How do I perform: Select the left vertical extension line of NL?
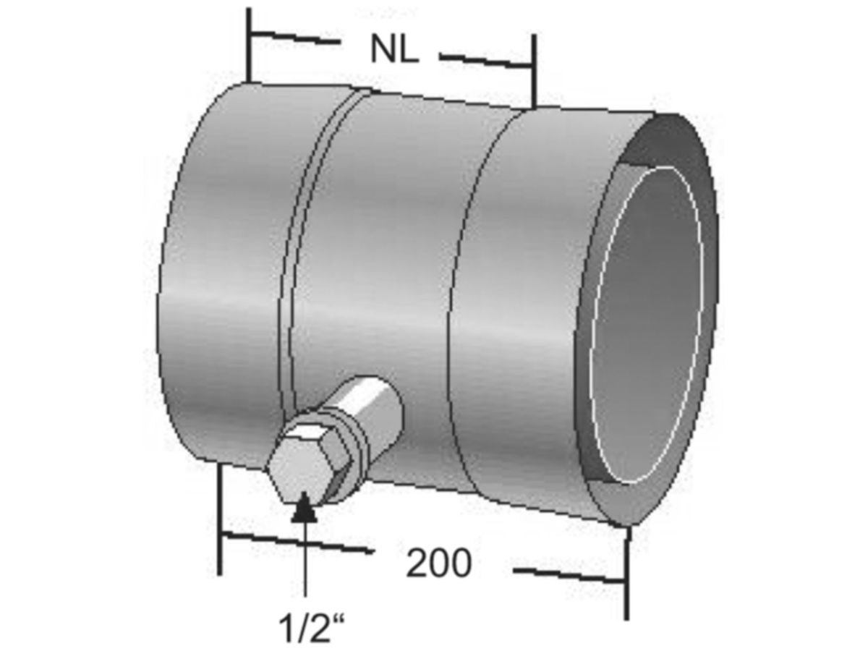coord(248,43)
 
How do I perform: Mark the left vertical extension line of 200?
coord(220,521)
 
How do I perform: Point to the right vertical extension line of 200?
coord(626,571)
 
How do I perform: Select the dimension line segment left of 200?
coord(297,543)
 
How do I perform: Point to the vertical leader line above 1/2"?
coord(305,564)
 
